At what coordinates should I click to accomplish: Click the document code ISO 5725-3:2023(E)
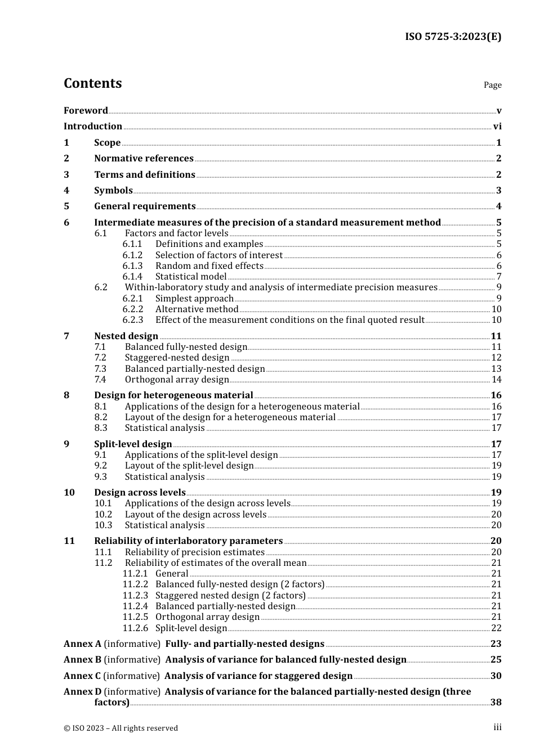coord(453,37)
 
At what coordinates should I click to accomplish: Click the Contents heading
coord(92,83)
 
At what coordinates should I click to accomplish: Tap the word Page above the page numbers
coord(492,85)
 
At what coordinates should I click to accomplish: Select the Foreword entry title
coord(86,110)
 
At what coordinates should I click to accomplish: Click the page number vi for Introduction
coord(497,127)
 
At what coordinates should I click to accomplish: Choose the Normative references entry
coord(144,159)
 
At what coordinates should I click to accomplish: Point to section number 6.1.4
coord(132,277)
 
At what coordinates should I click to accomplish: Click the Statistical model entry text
coord(191,277)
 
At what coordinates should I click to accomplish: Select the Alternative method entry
coord(197,309)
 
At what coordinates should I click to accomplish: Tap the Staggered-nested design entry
coord(177,358)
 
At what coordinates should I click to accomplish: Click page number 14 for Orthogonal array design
coord(496,380)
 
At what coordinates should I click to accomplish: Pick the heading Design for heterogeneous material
coord(173,395)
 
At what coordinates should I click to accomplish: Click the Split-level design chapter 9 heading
coord(133,444)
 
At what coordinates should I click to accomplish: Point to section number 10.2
coord(103,515)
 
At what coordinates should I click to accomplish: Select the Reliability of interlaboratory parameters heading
coord(188,541)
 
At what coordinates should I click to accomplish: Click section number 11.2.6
coord(135,628)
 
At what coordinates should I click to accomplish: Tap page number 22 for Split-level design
coord(496,628)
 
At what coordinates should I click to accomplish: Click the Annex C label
coord(82,676)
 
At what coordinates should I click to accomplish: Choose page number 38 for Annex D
coord(496,703)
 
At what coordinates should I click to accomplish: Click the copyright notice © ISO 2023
coord(121,728)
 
